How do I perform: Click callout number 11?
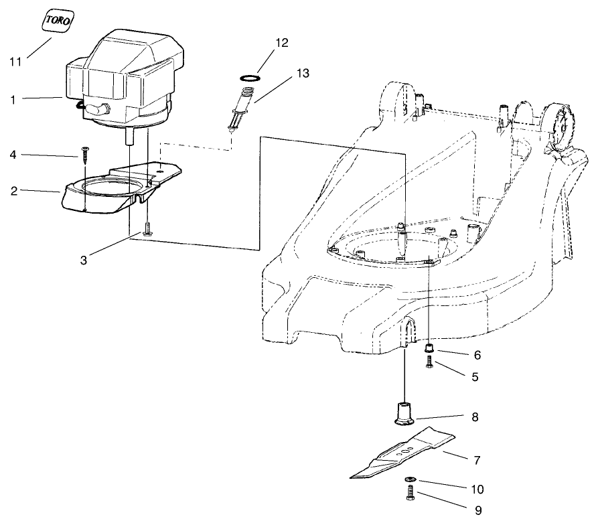[15, 62]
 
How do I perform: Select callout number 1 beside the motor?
[13, 99]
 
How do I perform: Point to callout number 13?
[303, 74]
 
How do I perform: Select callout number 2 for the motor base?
[13, 191]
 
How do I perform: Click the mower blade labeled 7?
[402, 455]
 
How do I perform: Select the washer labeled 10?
[409, 480]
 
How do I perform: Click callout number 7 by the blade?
[477, 461]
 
